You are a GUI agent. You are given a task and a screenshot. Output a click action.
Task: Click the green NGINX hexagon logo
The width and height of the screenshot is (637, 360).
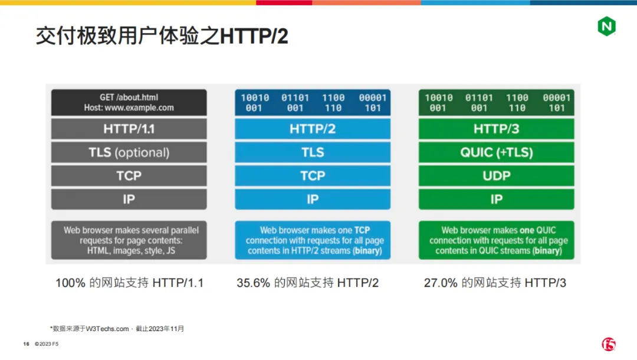(606, 27)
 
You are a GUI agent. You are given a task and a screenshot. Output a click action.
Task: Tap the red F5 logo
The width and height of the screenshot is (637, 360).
(609, 344)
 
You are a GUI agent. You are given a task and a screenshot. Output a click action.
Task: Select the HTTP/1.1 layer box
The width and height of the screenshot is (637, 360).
(129, 129)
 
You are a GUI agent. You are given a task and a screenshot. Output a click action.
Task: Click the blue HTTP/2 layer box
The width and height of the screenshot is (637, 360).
(313, 129)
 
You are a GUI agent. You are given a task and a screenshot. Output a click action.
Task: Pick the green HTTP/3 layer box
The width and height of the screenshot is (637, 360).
(497, 129)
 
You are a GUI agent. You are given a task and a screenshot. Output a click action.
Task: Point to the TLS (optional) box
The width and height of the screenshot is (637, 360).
(129, 152)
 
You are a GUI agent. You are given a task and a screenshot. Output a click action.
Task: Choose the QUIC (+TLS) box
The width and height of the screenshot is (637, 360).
(497, 152)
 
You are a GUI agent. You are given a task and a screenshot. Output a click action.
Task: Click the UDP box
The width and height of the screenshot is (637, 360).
(497, 176)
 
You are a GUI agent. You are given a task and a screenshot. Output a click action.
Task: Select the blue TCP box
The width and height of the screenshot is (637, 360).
(313, 176)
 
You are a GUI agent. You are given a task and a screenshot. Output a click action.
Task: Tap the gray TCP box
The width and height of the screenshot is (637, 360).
(129, 176)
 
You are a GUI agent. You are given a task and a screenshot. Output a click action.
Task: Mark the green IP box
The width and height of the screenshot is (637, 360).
(497, 199)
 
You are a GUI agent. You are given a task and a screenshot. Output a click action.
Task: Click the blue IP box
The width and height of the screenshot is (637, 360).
(313, 199)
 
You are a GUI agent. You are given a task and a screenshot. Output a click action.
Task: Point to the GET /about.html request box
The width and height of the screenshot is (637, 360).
(129, 102)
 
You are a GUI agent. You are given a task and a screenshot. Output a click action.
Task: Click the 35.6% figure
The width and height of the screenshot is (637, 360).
(253, 283)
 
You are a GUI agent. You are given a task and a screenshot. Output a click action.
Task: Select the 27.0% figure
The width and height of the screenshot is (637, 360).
(441, 283)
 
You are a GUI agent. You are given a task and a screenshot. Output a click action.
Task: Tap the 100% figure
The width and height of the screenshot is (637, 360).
(70, 283)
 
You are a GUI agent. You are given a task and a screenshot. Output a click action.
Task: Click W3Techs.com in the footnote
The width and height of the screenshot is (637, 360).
(107, 329)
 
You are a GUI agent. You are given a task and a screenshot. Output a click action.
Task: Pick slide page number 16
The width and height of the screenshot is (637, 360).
(27, 343)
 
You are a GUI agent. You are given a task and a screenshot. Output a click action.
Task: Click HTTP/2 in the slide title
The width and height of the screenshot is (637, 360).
(254, 36)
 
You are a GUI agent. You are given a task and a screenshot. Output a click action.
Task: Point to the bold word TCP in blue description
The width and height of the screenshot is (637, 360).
(362, 230)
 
